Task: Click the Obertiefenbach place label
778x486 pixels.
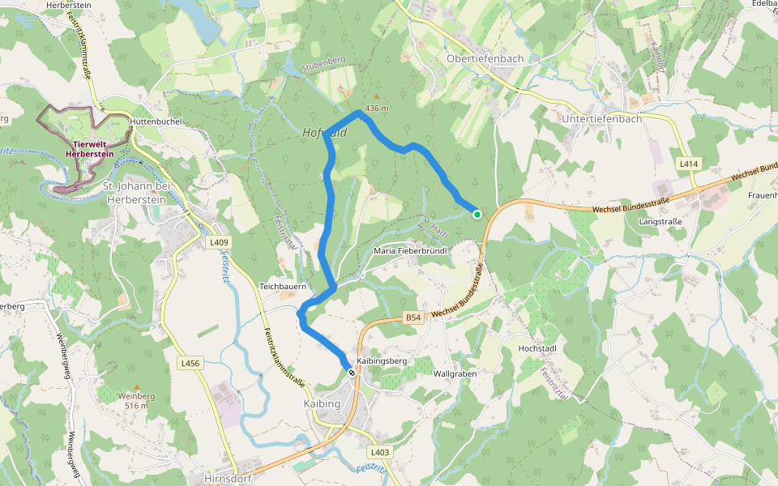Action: click(485, 59)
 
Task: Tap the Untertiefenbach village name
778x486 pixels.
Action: click(601, 118)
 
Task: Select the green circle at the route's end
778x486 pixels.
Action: click(477, 215)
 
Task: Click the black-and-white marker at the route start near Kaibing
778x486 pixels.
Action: click(352, 372)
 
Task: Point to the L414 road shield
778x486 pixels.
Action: click(688, 164)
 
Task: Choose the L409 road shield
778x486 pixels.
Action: click(220, 242)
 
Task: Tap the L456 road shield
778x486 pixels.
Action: click(190, 364)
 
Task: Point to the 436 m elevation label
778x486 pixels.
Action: click(377, 109)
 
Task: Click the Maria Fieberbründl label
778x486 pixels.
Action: click(412, 251)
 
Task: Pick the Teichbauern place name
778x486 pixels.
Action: click(280, 287)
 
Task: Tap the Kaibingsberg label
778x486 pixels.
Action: click(381, 360)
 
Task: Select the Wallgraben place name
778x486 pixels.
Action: click(455, 374)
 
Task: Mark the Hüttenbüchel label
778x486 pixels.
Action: click(156, 122)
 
